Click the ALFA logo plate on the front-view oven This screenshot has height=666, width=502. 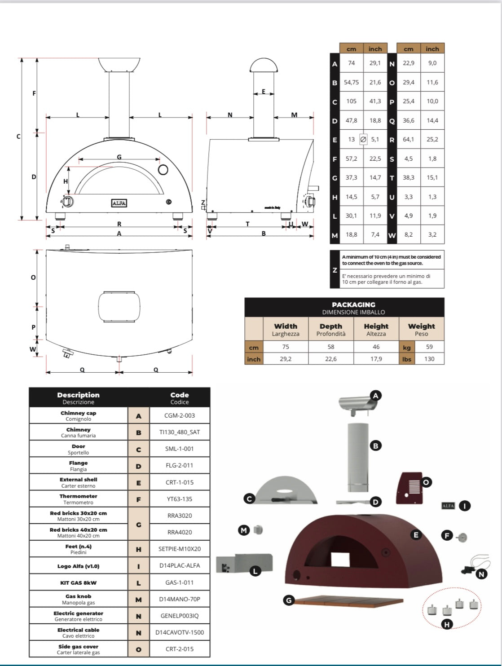119,203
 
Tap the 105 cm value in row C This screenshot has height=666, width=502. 351,101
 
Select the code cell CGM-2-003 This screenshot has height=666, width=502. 179,415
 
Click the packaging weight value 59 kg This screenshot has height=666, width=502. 429,347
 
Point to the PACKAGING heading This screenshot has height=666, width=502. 353,304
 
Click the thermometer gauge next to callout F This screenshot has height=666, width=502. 461,536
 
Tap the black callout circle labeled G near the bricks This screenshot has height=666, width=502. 289,600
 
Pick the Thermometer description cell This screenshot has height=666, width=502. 79,499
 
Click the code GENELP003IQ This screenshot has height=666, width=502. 179,616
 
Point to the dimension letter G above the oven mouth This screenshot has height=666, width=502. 119,157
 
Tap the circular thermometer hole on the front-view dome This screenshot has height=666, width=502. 163,169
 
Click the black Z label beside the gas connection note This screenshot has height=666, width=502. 335,270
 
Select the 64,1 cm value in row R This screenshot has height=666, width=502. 408,139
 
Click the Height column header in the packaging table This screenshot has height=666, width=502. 376,329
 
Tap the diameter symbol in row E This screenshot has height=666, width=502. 363,139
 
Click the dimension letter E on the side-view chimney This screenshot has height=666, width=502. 264,92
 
